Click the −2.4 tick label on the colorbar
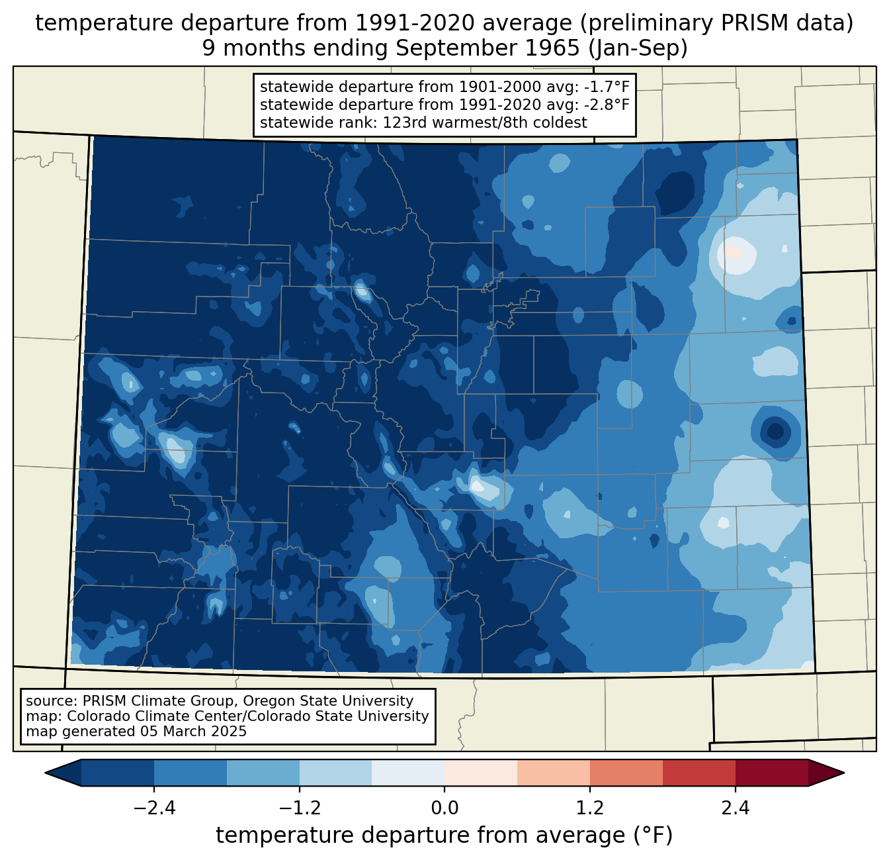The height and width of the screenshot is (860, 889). tap(154, 808)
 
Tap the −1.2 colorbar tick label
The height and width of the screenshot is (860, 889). tap(299, 808)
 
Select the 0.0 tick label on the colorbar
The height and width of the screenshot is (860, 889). tap(444, 808)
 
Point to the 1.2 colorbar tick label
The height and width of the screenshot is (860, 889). tap(589, 808)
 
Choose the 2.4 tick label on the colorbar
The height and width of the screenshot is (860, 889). tap(735, 808)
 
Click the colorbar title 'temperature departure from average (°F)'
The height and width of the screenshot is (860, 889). tap(444, 836)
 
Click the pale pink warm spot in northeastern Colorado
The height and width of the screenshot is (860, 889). tap(734, 253)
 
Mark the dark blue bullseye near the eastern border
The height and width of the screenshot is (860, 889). tap(775, 432)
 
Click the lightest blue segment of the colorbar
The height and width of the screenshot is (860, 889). tap(408, 773)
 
